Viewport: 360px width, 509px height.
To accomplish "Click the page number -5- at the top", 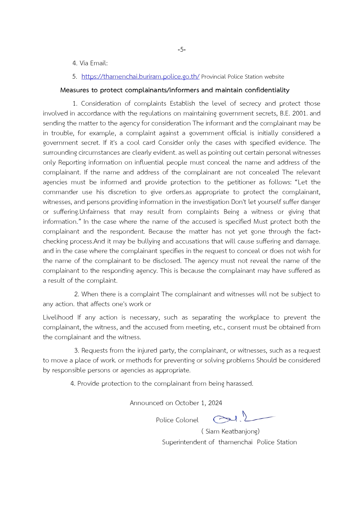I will tap(182, 50).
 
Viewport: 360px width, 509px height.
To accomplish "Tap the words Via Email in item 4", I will tap(93, 63).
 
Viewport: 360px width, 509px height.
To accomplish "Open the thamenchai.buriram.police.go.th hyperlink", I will tap(140, 77).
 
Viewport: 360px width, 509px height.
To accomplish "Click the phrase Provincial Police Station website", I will tap(243, 77).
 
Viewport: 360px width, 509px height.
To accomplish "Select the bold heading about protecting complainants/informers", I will tap(175, 90).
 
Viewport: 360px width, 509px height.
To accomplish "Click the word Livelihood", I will tap(58, 317).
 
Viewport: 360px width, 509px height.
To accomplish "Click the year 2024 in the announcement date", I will tap(215, 403).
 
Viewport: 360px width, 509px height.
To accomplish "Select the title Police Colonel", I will tap(177, 420).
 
